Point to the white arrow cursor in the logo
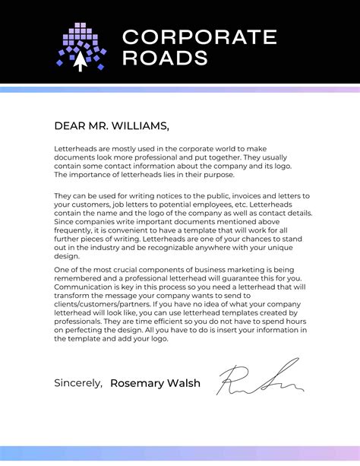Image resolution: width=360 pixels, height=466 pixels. [80, 62]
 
